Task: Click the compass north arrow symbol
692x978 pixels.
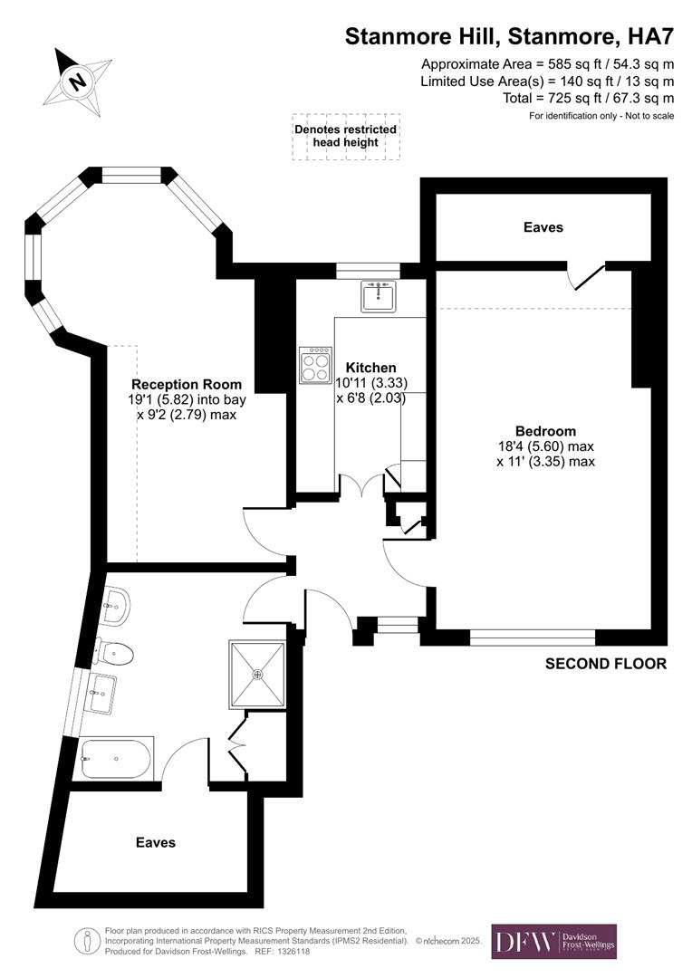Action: coord(78,80)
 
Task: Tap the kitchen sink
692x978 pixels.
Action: coord(379,296)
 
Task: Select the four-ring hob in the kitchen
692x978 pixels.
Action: coord(316,366)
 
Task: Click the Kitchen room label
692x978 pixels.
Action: coord(366,368)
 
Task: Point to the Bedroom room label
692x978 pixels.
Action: coord(545,431)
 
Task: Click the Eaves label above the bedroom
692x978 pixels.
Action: coord(543,227)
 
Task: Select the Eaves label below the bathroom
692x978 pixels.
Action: coord(156,842)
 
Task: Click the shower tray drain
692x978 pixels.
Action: coord(258,674)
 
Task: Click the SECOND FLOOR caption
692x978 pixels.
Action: coord(606,664)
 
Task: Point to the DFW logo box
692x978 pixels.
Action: coord(553,942)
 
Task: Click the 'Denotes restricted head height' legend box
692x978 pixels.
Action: coord(345,137)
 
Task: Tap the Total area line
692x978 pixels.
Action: coord(589,98)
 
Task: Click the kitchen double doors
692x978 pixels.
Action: coord(361,489)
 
